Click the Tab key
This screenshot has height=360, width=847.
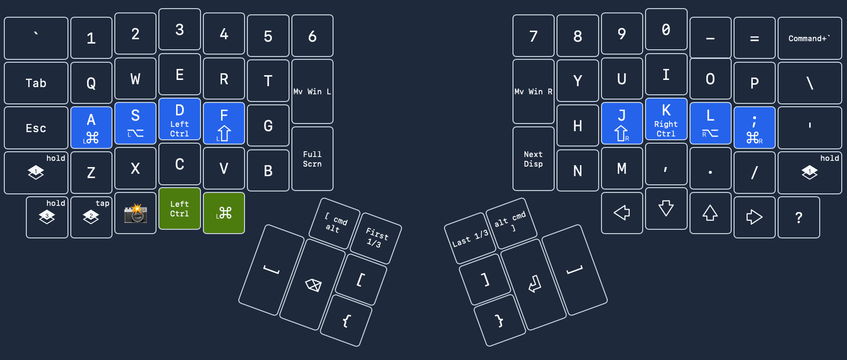(36, 83)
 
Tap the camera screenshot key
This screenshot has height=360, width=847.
(135, 213)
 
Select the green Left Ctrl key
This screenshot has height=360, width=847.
(179, 209)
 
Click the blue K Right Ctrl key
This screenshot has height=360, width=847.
(666, 119)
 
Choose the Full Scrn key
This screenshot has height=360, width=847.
(312, 159)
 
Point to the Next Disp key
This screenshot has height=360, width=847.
(533, 159)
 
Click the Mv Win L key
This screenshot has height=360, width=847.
(312, 91)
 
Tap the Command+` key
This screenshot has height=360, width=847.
(809, 38)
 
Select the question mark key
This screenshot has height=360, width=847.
(799, 217)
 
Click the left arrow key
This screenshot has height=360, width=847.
(622, 213)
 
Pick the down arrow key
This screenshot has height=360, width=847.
(666, 209)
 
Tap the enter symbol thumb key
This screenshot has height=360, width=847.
(534, 284)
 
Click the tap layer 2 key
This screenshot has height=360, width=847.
(91, 217)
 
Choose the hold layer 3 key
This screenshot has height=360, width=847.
(47, 217)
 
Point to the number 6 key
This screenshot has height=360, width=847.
(312, 36)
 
